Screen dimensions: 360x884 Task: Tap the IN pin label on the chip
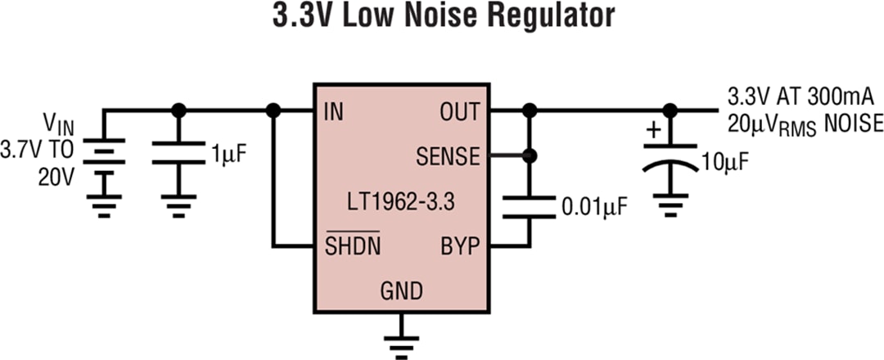click(334, 112)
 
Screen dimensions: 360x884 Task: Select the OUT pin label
click(459, 112)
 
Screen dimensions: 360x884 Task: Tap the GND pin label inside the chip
click(401, 290)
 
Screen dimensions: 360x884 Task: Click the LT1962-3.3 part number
click(401, 201)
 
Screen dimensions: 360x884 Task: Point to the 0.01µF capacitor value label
click(594, 207)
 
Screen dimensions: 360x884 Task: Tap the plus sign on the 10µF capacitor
click(653, 130)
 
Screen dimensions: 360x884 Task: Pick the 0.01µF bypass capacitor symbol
click(530, 207)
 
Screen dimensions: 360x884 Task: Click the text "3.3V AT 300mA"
click(801, 97)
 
